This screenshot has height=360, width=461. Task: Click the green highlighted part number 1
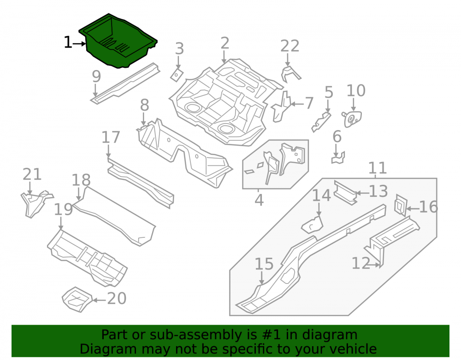[118, 41]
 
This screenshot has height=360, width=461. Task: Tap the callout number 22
[290, 46]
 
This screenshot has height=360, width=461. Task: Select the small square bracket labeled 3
[177, 75]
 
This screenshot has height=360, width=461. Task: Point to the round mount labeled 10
[352, 118]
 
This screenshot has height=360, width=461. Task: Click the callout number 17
[111, 137]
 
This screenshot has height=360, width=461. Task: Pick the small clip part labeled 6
[338, 158]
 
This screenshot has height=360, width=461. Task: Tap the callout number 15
[264, 264]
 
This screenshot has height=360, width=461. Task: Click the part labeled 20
[77, 299]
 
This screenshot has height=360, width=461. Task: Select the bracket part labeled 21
[36, 203]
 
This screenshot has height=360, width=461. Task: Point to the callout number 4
[259, 201]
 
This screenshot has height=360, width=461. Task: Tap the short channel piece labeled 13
[346, 193]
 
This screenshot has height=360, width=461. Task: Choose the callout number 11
[378, 168]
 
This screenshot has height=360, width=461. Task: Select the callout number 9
[96, 77]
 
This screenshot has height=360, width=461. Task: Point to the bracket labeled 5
[321, 122]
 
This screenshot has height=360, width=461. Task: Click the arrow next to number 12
[374, 265]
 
